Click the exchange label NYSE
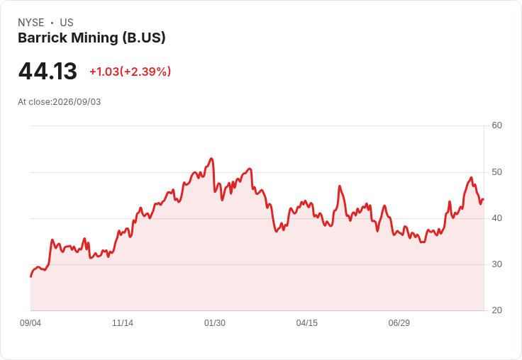pyautogui.click(x=31, y=23)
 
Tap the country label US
pyautogui.click(x=67, y=23)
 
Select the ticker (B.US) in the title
pyautogui.click(x=144, y=38)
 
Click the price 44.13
pyautogui.click(x=48, y=71)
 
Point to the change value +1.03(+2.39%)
pyautogui.click(x=130, y=72)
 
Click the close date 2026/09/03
pyautogui.click(x=77, y=102)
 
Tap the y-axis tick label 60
pyautogui.click(x=496, y=125)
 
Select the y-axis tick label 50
pyautogui.click(x=496, y=172)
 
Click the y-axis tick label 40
pyautogui.click(x=496, y=218)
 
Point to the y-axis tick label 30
pyautogui.click(x=496, y=264)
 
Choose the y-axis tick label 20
pyautogui.click(x=496, y=310)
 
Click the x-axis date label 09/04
pyautogui.click(x=30, y=323)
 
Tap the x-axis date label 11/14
pyautogui.click(x=123, y=323)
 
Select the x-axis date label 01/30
pyautogui.click(x=215, y=323)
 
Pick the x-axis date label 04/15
pyautogui.click(x=307, y=323)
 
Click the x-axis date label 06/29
pyautogui.click(x=399, y=323)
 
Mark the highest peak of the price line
pyautogui.click(x=211, y=158)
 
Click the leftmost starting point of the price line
pyautogui.click(x=31, y=276)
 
